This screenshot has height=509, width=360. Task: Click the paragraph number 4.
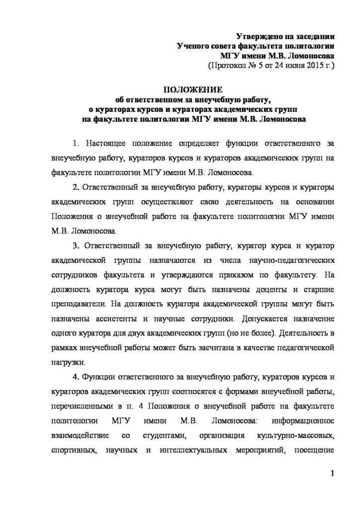click(x=75, y=376)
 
